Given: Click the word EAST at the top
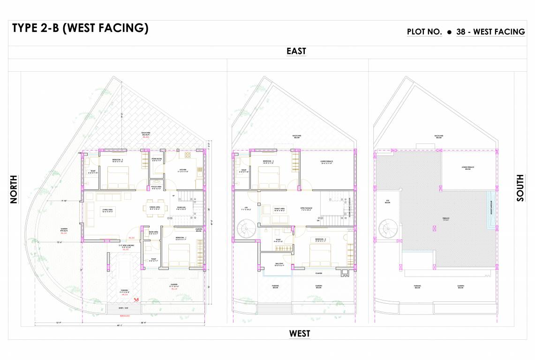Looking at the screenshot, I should (296, 51).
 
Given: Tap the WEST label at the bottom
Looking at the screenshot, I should (299, 334).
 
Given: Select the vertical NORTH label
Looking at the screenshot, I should (14, 189).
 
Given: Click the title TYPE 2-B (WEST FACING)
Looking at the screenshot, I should (80, 29).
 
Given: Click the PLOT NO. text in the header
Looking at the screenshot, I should (424, 32).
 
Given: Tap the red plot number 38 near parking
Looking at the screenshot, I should (136, 300).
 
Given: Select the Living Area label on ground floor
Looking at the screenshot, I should (108, 211).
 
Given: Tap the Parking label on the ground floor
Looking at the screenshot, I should (125, 291).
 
